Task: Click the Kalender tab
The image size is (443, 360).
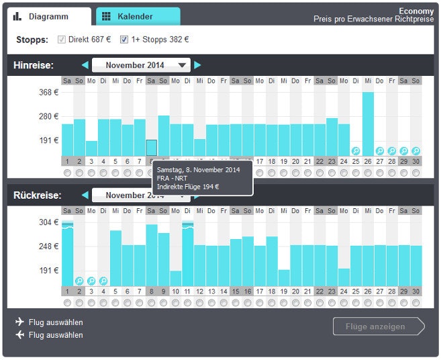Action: (x=138, y=16)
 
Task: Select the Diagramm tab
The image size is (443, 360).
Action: (x=50, y=16)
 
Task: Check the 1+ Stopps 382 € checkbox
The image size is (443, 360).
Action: (x=124, y=40)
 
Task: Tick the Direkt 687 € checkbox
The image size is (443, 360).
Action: (x=62, y=40)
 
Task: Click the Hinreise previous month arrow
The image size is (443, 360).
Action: (x=85, y=65)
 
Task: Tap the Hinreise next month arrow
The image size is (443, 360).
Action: (x=197, y=65)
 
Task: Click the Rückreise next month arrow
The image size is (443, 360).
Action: (x=197, y=195)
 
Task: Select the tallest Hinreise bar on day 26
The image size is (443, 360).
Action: (x=368, y=124)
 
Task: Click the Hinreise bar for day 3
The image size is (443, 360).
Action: (x=91, y=148)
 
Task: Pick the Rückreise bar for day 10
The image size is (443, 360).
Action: (x=176, y=278)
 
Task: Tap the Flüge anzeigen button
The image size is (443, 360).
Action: (x=378, y=326)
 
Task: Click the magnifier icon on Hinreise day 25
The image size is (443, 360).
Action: (x=356, y=151)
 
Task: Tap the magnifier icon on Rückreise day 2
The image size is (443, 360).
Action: (x=79, y=281)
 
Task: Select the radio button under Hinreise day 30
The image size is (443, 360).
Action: (x=416, y=173)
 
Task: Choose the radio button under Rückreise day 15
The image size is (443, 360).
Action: (x=236, y=303)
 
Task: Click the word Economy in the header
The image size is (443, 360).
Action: (x=416, y=11)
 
